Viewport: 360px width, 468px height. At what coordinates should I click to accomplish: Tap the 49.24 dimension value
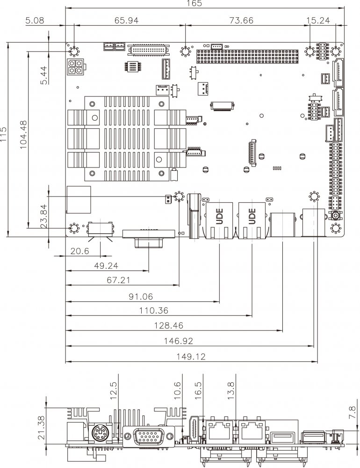107,266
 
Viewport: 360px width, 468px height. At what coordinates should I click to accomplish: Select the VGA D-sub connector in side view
146,438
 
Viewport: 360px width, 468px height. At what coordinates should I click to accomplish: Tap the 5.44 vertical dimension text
44,75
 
